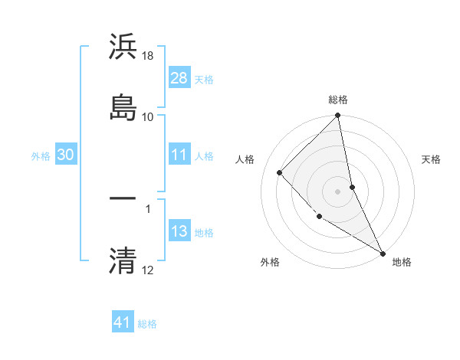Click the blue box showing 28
(179, 78)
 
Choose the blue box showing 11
(179, 155)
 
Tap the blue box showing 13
(179, 231)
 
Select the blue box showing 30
(65, 155)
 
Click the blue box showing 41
(123, 322)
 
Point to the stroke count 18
(148, 56)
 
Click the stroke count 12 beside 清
(148, 270)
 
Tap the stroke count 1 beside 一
(148, 208)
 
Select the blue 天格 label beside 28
(204, 79)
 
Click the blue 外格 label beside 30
(41, 155)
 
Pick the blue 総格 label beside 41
(147, 323)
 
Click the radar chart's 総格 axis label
(338, 100)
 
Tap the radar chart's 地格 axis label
(402, 262)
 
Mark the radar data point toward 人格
(280, 172)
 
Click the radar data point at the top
(338, 116)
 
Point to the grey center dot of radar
(338, 191)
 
